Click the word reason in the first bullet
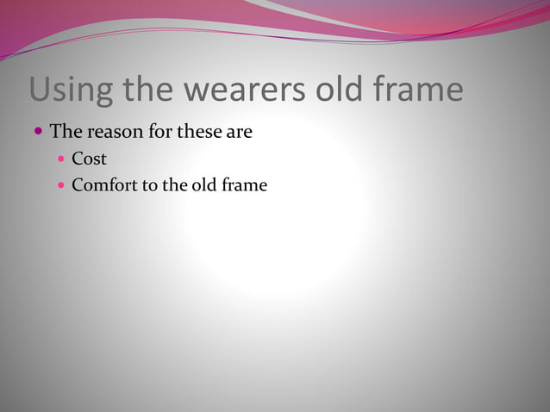coord(113,133)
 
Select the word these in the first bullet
coord(203,133)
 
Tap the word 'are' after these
coord(241,134)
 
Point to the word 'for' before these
coord(161,133)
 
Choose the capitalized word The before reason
coord(66,133)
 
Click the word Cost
coord(89,159)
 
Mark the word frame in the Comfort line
coord(245,184)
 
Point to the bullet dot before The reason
coord(39,133)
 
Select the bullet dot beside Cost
coord(61,159)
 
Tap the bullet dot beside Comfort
coord(61,184)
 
